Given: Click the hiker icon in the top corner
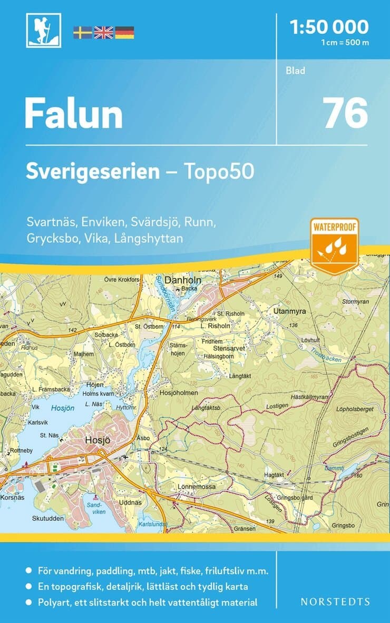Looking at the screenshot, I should [43, 30].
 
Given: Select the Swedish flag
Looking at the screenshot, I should [82, 33].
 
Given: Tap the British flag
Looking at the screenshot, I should [103, 33].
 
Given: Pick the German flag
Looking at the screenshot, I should [124, 33].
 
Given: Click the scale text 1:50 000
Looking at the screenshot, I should [330, 26].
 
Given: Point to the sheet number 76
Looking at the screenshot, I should [345, 114].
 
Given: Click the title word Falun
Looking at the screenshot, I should [73, 114].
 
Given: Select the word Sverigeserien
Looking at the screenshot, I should [93, 172].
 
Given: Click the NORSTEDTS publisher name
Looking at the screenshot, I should [335, 601].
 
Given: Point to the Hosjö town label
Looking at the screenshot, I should [97, 441].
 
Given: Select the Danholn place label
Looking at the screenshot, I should [180, 280].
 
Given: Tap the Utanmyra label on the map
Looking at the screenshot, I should [289, 312].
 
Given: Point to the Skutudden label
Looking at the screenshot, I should [48, 518].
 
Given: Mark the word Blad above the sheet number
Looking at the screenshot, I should [295, 71].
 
